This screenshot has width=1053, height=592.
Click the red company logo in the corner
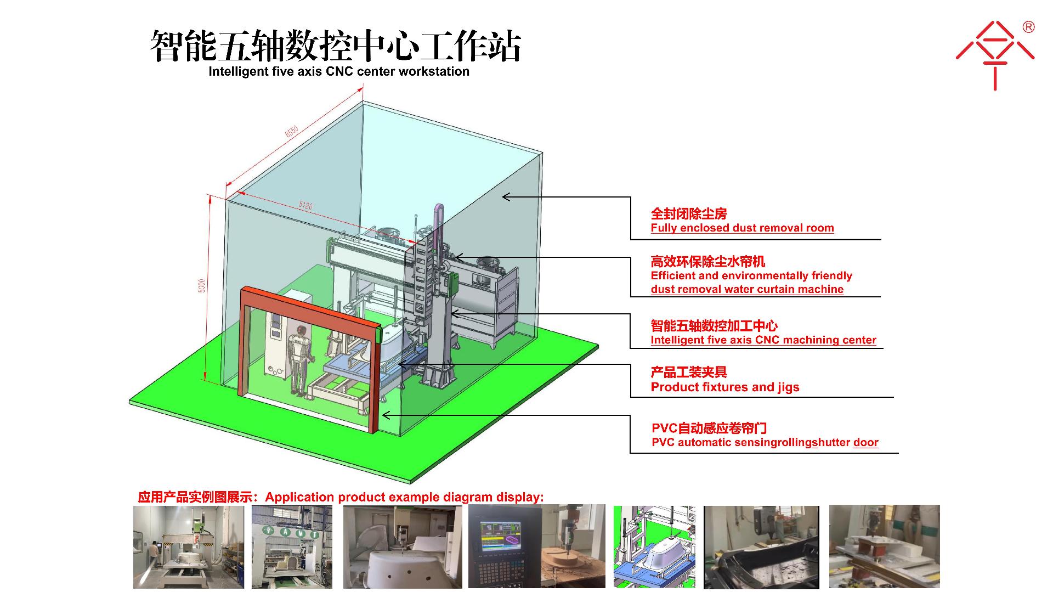(x=995, y=55)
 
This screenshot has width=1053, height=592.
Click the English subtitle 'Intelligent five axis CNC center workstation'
(x=339, y=71)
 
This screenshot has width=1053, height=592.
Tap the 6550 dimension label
(x=291, y=132)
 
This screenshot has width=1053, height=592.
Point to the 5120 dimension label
(x=305, y=205)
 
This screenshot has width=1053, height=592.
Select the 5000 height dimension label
(x=202, y=285)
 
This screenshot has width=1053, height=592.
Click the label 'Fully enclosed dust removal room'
(x=742, y=228)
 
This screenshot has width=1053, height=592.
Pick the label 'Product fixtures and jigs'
(x=725, y=387)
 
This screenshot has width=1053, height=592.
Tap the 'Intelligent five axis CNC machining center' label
(x=763, y=340)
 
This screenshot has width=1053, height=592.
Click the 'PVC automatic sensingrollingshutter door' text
(x=765, y=442)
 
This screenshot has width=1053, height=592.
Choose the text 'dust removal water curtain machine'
(x=747, y=289)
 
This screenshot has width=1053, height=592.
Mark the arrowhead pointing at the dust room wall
(x=506, y=196)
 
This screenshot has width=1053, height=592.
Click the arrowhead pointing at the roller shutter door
(x=386, y=415)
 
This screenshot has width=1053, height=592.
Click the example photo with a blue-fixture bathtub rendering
(x=654, y=546)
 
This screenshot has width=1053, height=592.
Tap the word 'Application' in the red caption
(x=299, y=497)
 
